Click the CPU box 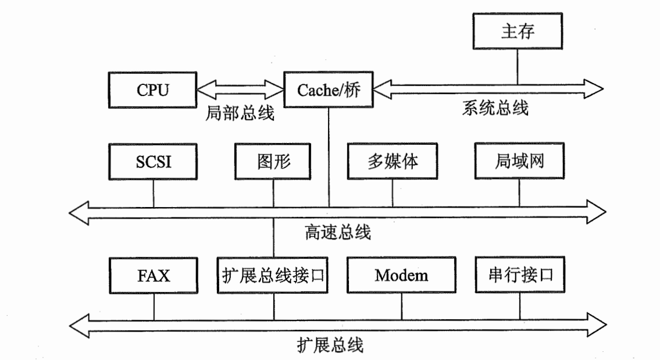point(152,90)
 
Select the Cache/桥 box point(329,90)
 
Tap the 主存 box point(518,31)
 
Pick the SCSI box point(153,162)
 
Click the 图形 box point(273,161)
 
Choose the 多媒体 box point(393,161)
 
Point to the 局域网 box point(519,161)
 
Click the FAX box point(153,276)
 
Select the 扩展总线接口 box point(272,275)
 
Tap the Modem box point(401,275)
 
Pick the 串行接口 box point(520,275)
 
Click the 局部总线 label point(240,113)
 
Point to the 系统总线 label point(495,108)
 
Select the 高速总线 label point(338,233)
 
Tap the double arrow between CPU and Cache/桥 point(240,89)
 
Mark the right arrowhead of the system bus point(594,89)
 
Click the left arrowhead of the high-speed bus point(79,213)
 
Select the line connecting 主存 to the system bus point(518,67)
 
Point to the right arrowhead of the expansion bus point(597,325)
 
